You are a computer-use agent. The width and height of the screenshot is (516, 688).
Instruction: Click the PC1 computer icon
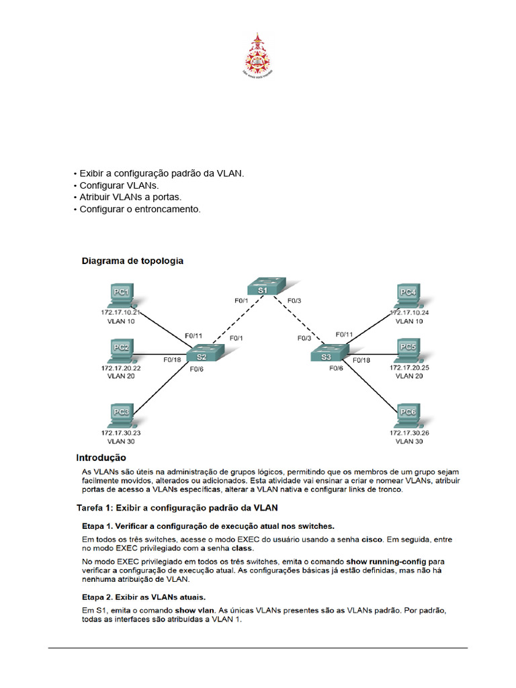121,294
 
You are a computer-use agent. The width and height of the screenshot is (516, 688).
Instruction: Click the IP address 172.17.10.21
121,312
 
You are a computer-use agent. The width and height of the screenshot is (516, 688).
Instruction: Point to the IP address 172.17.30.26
409,433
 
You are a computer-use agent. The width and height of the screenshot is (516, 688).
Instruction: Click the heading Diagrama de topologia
132,261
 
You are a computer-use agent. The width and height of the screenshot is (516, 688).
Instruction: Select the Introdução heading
101,458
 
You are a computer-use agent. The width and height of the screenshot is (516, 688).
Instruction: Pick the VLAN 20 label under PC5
409,377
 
